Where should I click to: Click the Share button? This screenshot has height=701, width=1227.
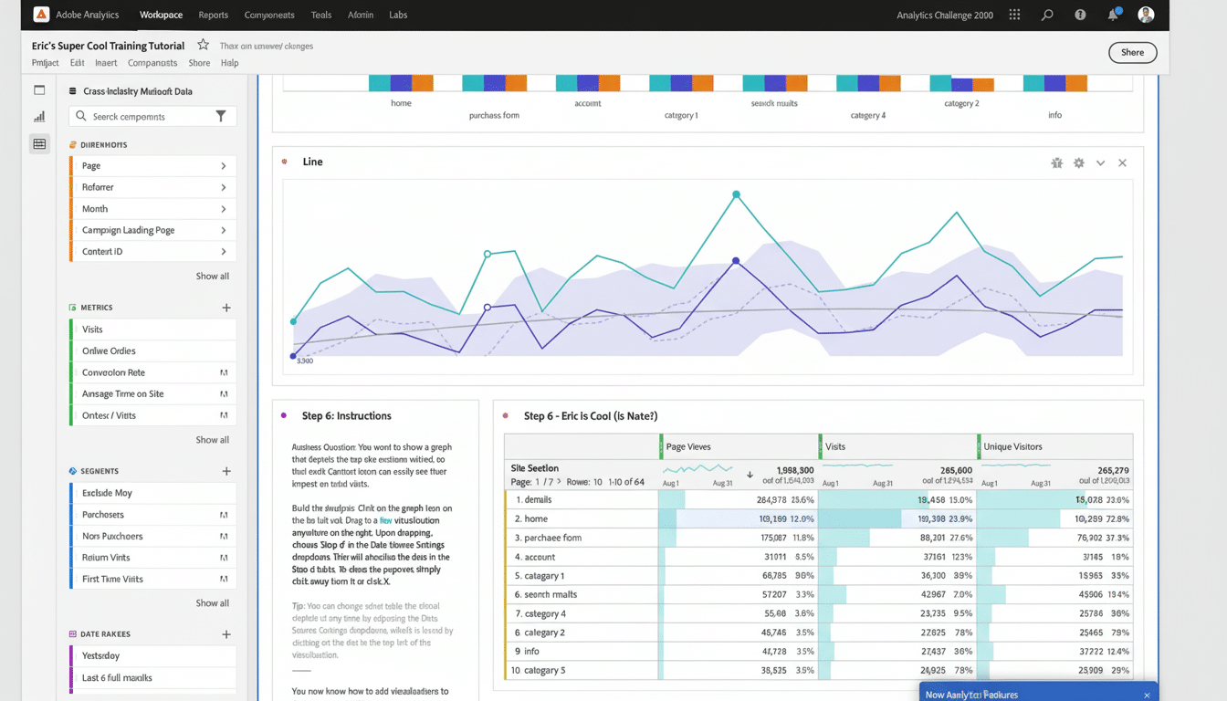pos(1132,52)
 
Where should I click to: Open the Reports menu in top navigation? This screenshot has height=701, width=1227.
pos(213,15)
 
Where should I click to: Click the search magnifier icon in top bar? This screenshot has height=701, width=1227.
pos(1047,15)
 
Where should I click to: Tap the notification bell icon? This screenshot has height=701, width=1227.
pos(1113,15)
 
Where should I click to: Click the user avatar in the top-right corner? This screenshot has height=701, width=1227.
pos(1146,15)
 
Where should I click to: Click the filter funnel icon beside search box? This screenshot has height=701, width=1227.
pos(221,116)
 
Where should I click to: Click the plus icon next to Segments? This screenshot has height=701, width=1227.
pos(226,471)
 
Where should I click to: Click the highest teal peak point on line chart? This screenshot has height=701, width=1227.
pos(736,194)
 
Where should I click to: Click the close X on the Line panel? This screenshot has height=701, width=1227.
pos(1122,162)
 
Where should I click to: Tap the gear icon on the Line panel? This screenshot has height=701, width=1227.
pos(1079,162)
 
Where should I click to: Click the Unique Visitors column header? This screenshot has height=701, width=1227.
pos(1012,446)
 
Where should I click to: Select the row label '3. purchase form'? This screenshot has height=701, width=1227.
pos(548,538)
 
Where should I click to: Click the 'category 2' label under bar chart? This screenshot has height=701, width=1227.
pos(961,103)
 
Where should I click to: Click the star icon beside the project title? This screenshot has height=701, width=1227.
pos(203,45)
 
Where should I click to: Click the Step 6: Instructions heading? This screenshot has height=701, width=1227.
pos(346,416)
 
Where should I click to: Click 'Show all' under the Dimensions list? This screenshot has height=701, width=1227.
pos(212,277)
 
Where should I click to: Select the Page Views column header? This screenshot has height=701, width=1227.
pos(688,446)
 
